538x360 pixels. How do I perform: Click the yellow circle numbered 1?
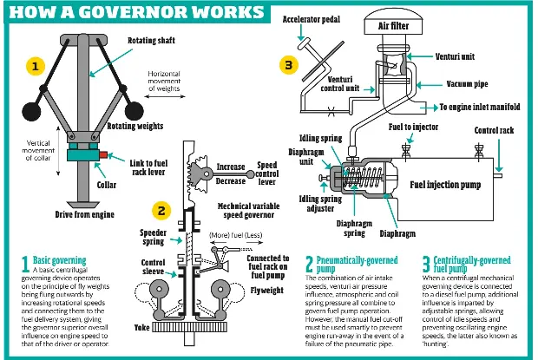pos(35,65)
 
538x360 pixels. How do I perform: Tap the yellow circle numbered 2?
pos(161,208)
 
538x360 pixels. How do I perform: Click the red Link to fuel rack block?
pos(103,154)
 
